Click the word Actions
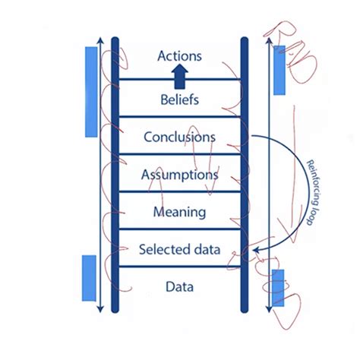180,55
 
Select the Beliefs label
180,99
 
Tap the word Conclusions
180,137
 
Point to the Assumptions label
180,175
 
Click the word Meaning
180,211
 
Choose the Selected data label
180,248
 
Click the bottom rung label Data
180,287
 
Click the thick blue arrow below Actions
180,74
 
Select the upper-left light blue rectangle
91,91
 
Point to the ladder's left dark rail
115,175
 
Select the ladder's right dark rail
245,175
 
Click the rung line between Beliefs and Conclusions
180,117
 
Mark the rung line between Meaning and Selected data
180,229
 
